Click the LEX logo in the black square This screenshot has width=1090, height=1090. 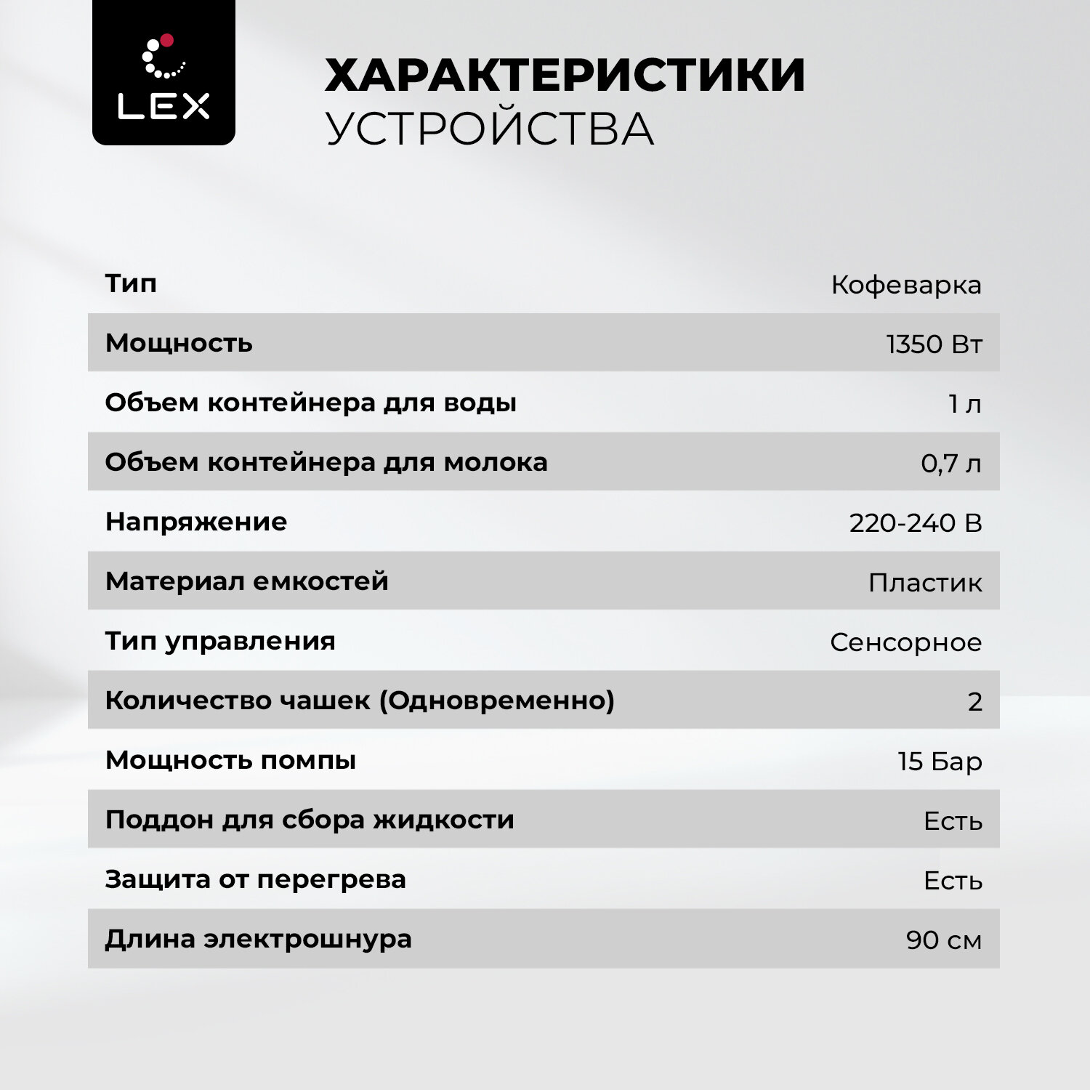(x=163, y=73)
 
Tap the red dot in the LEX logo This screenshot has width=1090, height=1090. (x=166, y=40)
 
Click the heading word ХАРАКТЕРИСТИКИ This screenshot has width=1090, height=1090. (x=565, y=75)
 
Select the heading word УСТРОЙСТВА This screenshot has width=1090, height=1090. (x=489, y=129)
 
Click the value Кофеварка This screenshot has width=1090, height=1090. (x=906, y=285)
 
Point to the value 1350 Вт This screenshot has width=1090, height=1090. (x=934, y=344)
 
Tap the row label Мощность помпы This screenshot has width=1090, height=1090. (x=230, y=760)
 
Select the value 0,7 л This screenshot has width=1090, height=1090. (x=950, y=464)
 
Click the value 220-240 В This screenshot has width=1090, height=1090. (x=915, y=523)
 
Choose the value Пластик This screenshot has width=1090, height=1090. (x=925, y=583)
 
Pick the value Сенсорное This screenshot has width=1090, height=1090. (x=905, y=642)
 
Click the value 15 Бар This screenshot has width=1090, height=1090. (x=940, y=762)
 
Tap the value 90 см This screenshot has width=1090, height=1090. (x=943, y=940)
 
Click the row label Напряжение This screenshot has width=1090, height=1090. (x=196, y=522)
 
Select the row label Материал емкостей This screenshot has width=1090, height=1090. (x=247, y=581)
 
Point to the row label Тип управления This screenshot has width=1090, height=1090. (x=220, y=641)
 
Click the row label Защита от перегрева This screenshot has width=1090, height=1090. (x=255, y=879)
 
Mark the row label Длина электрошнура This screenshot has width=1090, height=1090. (x=258, y=939)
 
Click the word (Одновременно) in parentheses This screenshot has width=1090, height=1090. (x=497, y=701)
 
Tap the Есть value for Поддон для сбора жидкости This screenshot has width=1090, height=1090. (x=953, y=821)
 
